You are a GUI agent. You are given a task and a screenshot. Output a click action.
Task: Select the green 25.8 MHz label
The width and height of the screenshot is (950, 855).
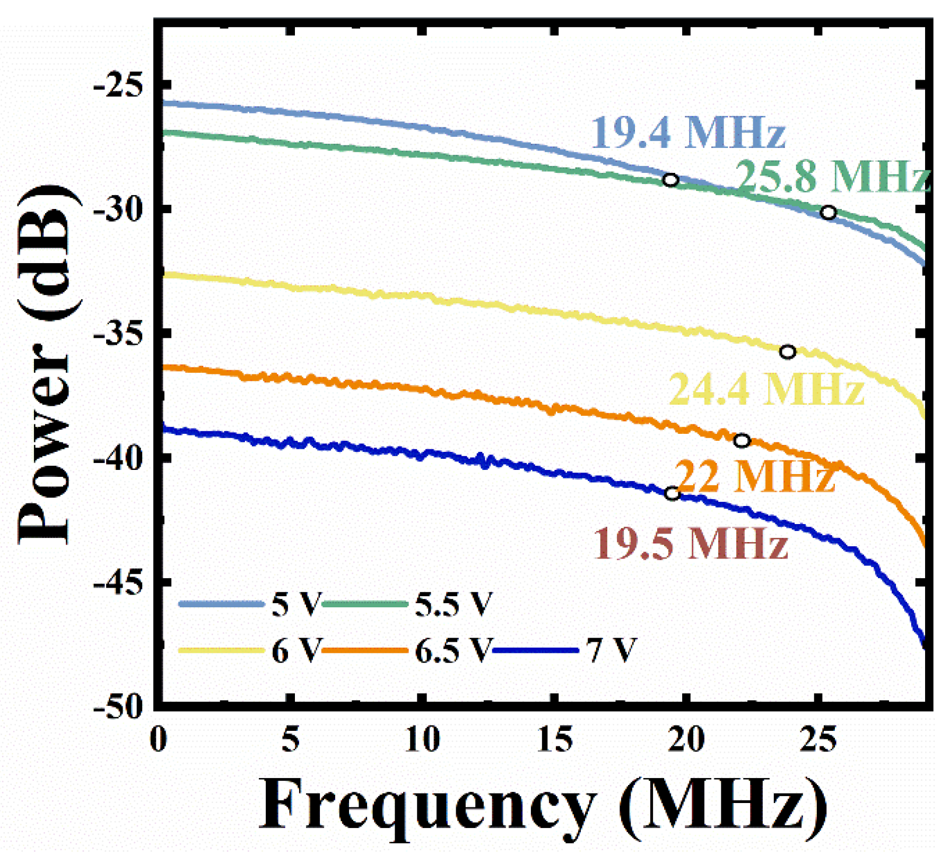[x=833, y=177]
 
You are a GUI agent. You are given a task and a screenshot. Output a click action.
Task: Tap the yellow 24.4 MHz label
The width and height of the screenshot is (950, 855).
[x=766, y=390]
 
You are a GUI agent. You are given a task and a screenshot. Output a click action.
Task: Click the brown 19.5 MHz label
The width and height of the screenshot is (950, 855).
[x=690, y=544]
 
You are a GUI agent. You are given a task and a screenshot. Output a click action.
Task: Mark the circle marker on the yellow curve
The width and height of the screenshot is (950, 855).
[x=787, y=352]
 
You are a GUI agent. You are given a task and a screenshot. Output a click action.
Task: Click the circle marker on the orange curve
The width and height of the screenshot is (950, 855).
[x=742, y=440]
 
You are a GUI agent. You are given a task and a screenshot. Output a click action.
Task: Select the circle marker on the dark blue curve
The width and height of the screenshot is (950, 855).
[x=672, y=493]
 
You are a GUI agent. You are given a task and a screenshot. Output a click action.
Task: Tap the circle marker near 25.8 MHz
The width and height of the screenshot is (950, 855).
[x=828, y=213]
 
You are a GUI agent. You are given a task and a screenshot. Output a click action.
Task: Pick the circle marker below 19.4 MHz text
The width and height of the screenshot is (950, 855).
[x=670, y=180]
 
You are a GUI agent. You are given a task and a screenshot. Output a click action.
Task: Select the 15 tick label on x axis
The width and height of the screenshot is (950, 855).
[x=555, y=739]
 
